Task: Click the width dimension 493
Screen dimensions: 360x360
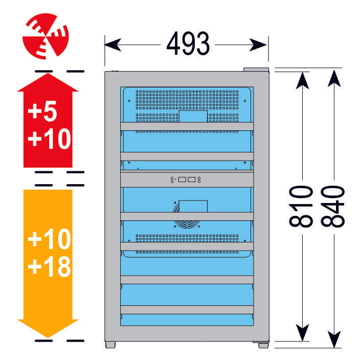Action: point(188,44)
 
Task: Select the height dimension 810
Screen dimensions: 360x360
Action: point(301,206)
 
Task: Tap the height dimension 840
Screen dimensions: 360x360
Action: point(333,206)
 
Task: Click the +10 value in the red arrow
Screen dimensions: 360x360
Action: point(49,138)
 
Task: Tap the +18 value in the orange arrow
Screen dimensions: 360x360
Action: point(49,267)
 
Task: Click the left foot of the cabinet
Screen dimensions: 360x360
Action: point(111,345)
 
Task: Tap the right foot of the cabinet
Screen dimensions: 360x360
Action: point(263,345)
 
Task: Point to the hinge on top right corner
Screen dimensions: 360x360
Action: point(256,70)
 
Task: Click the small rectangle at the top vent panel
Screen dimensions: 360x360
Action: point(193,116)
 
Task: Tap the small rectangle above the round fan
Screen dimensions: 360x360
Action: point(193,206)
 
